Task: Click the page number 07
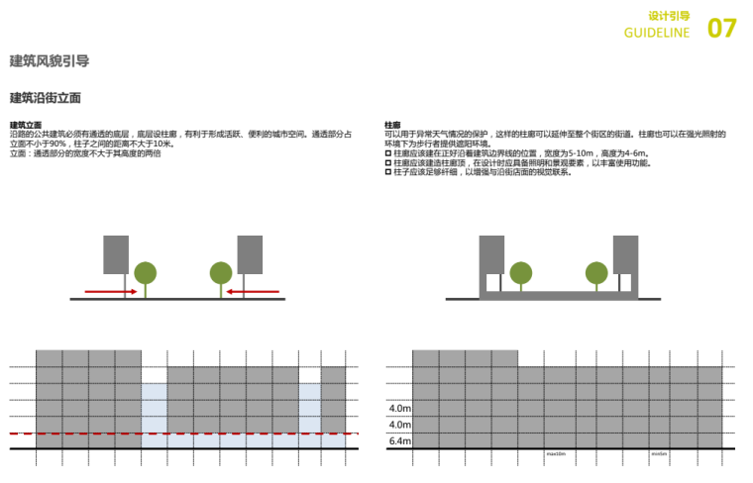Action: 722,28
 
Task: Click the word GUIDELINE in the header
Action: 657,34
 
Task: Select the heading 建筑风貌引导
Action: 49,60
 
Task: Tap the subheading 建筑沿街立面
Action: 45,98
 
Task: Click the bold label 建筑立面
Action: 26,126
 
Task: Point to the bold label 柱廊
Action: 392,126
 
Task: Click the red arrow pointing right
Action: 110,292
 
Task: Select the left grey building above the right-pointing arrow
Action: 116,254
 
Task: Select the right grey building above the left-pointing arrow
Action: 250,254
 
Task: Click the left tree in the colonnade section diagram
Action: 520,271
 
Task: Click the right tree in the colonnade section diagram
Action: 595,271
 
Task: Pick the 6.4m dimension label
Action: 401,441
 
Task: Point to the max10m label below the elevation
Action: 556,454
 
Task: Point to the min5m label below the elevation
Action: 659,454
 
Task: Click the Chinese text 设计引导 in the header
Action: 669,17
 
